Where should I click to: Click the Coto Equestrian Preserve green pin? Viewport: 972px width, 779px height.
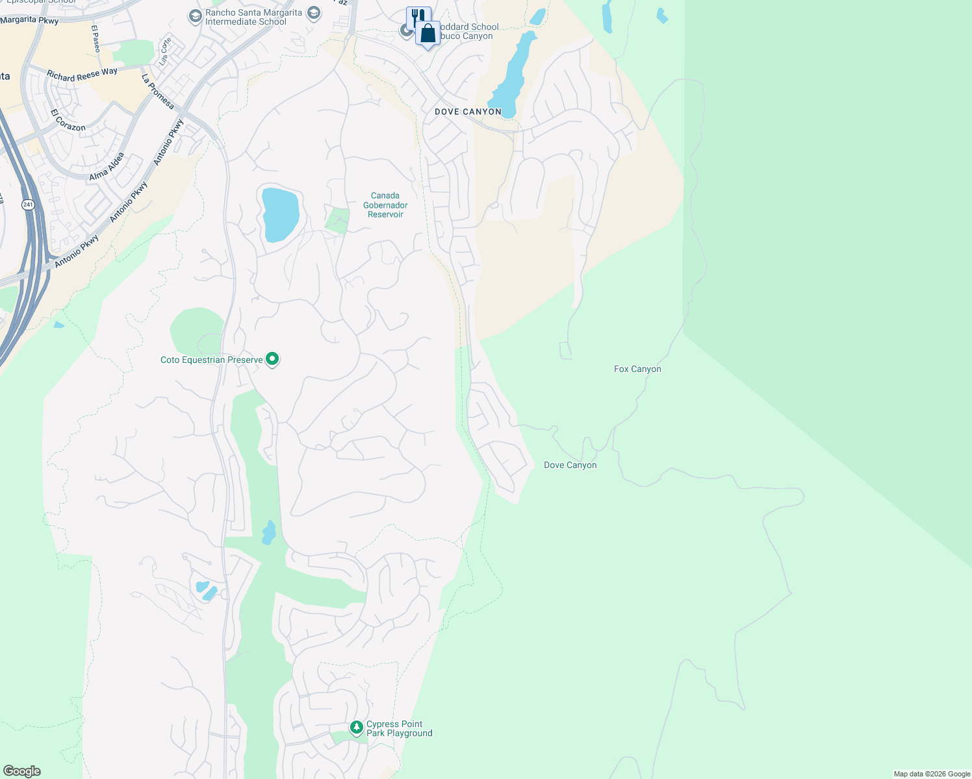click(273, 359)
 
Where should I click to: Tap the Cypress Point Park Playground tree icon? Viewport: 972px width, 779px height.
click(356, 728)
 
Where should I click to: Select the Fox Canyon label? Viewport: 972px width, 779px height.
click(637, 369)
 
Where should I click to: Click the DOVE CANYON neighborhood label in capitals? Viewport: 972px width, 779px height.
click(468, 112)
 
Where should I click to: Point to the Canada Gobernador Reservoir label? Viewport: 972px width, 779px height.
click(385, 205)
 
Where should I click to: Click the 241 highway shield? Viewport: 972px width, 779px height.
click(27, 204)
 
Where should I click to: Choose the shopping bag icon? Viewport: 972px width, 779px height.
click(428, 33)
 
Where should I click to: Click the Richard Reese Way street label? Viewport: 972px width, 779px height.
click(82, 74)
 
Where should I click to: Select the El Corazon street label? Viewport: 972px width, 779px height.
click(68, 120)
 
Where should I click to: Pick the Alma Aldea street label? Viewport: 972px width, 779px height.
click(107, 167)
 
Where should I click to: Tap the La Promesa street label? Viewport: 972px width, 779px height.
click(158, 92)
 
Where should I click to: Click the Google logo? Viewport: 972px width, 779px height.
click(22, 771)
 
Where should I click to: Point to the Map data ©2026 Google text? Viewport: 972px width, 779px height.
click(932, 774)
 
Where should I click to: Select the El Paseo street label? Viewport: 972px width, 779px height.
click(96, 39)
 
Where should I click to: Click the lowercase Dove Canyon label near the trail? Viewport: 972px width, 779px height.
click(570, 465)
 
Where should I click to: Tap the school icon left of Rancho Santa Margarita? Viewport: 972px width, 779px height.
click(195, 17)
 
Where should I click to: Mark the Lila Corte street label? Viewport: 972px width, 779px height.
click(166, 52)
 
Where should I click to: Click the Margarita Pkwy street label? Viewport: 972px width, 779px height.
click(29, 20)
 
